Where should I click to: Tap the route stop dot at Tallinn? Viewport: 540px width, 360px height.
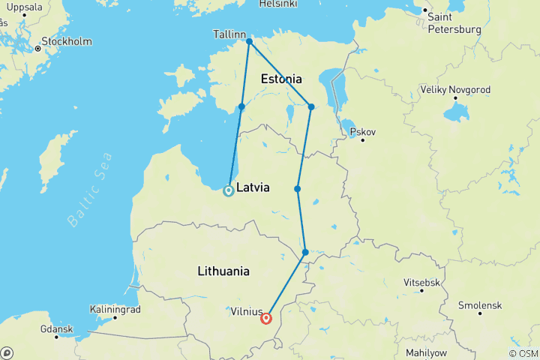tap(249, 41)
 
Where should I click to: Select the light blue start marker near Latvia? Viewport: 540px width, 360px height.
tap(229, 190)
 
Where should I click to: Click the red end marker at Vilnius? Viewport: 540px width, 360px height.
tap(266, 319)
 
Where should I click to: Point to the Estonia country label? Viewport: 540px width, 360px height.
tap(281, 79)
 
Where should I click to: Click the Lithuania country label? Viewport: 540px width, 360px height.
tap(223, 271)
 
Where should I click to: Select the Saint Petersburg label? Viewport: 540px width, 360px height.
tap(454, 24)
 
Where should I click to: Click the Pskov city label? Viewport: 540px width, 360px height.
tap(362, 132)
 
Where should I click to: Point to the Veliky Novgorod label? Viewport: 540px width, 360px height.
tap(455, 90)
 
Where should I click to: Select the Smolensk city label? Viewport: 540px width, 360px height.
tap(479, 306)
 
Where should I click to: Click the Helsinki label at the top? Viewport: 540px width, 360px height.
tap(278, 4)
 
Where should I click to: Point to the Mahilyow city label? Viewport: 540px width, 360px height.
tap(427, 352)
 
